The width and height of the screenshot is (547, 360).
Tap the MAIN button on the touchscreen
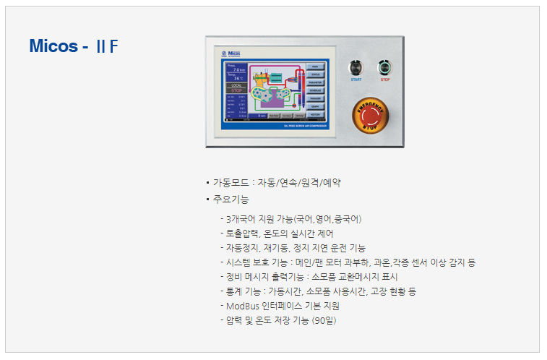(316, 67)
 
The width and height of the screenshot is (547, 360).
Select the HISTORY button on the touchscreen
(316, 114)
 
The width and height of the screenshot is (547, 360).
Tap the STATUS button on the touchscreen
(316, 74)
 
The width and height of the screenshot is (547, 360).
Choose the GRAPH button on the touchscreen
(316, 106)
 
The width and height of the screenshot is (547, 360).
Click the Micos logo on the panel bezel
(231, 53)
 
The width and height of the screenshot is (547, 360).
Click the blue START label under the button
(356, 80)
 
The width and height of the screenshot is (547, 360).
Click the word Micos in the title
(53, 47)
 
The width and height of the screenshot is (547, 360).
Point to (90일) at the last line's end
(324, 320)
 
